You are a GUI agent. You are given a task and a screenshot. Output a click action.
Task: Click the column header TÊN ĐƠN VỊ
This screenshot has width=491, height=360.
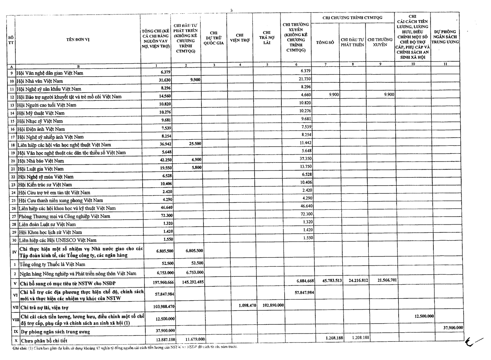tap(78, 39)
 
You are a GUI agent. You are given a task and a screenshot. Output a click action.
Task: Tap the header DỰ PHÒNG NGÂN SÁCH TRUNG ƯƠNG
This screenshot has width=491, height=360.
tap(445, 37)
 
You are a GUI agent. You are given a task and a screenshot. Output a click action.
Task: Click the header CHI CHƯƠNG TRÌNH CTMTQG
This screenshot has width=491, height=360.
tap(352, 17)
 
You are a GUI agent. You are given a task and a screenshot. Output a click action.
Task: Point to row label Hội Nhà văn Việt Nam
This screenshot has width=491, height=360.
tap(40, 81)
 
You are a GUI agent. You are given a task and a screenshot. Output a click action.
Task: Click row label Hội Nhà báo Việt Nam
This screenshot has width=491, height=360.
tap(40, 161)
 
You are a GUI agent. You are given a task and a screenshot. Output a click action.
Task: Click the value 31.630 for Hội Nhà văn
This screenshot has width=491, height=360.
tap(160, 80)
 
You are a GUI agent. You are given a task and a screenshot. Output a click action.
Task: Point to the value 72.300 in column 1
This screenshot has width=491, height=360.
tap(160, 216)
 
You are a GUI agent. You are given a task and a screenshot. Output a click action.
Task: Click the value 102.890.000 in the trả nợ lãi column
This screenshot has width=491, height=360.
tap(271, 305)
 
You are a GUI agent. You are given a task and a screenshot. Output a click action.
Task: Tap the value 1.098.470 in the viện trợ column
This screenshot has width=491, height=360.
tap(240, 305)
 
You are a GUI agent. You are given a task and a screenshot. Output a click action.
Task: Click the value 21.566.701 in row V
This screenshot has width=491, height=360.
tap(380, 280)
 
